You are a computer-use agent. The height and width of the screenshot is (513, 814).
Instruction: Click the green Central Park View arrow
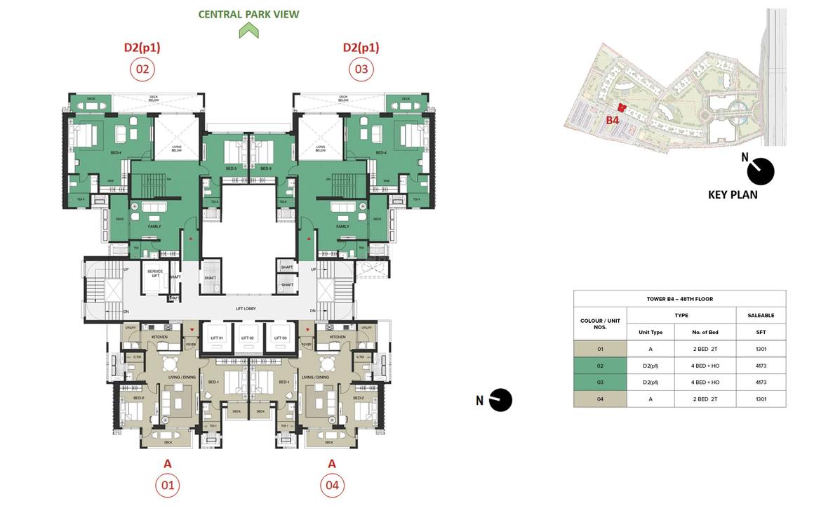click(x=248, y=30)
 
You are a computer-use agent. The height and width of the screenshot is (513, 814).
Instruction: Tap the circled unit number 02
click(x=142, y=69)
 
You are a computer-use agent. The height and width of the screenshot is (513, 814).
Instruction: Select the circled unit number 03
click(x=361, y=69)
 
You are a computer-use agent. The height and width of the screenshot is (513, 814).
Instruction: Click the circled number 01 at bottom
click(x=168, y=485)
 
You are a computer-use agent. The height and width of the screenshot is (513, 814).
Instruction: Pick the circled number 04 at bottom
click(x=332, y=485)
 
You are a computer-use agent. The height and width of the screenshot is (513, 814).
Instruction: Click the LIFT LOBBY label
click(x=246, y=309)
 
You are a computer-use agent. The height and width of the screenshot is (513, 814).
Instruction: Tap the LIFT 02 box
click(x=248, y=338)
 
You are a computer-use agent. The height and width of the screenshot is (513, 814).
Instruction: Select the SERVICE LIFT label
click(x=155, y=272)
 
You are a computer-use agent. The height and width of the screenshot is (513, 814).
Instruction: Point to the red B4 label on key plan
click(x=613, y=120)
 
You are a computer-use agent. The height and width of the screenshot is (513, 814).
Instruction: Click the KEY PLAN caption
click(x=733, y=195)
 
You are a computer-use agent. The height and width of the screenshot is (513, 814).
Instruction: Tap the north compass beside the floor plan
click(x=500, y=400)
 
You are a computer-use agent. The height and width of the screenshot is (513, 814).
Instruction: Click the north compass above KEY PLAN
click(x=760, y=171)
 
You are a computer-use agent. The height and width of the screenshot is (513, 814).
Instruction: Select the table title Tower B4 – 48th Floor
click(x=679, y=299)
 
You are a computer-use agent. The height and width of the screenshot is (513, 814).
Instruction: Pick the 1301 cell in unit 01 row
click(x=761, y=349)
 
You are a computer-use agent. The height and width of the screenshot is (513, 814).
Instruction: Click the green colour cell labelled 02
click(x=600, y=366)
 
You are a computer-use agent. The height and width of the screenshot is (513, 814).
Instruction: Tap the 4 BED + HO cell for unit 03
click(x=705, y=382)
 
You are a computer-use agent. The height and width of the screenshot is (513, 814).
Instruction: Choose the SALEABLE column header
click(x=761, y=316)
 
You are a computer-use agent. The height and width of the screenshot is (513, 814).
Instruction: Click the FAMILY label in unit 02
click(x=154, y=227)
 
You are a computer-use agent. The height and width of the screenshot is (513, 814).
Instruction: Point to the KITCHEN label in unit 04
click(x=338, y=337)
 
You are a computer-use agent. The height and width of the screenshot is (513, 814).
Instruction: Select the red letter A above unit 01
click(x=168, y=463)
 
